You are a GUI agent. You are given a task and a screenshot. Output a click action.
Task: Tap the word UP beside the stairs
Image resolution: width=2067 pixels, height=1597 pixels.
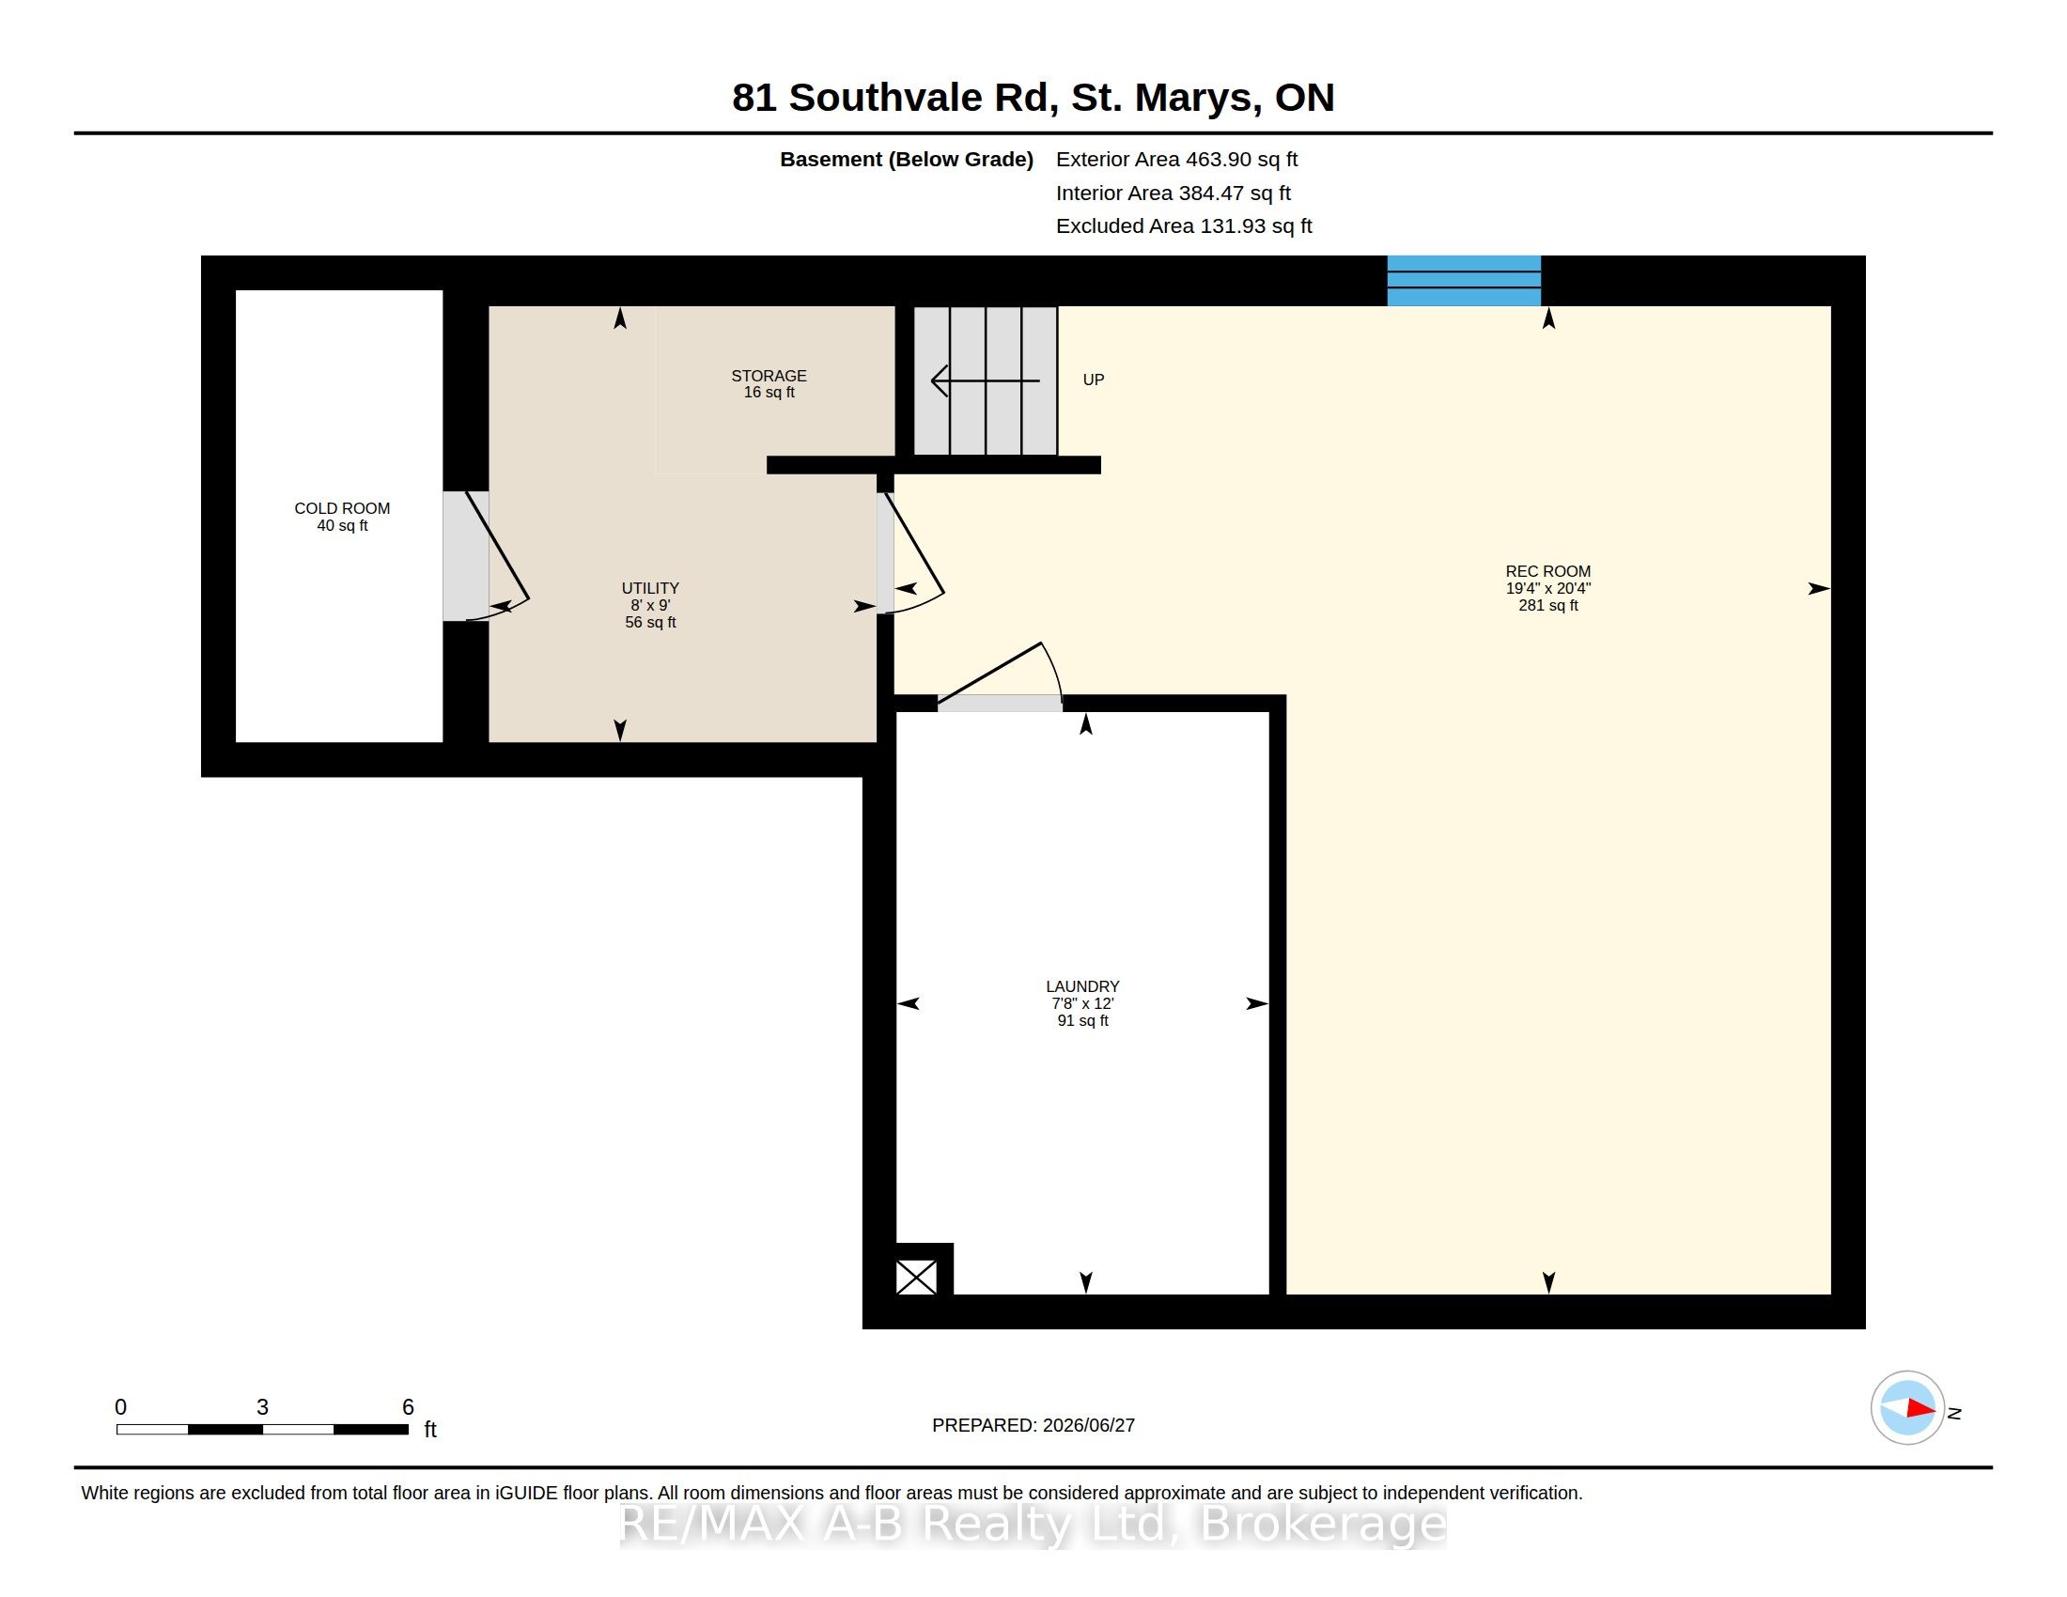point(1093,380)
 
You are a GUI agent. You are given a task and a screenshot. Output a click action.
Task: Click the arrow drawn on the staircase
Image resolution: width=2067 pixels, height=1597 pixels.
point(986,380)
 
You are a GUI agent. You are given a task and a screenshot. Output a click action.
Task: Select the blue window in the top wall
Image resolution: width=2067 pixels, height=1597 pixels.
point(1463,281)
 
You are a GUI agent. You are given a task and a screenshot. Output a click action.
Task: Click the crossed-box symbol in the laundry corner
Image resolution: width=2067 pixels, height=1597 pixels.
point(916,1278)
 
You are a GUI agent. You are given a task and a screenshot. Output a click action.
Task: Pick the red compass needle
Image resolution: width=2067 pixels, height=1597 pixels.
point(1920,1408)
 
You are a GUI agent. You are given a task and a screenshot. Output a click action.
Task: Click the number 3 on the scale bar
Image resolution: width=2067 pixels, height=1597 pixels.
point(262,1407)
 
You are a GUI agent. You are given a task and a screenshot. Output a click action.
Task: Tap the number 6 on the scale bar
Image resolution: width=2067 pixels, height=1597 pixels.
point(408,1407)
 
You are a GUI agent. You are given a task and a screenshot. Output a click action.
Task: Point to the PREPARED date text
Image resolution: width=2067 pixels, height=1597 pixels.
point(1033,1425)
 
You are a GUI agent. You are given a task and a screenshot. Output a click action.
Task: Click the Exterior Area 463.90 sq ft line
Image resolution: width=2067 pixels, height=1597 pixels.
point(1176,160)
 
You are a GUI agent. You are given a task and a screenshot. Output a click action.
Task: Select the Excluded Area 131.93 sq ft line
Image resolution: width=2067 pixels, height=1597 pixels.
point(1184,226)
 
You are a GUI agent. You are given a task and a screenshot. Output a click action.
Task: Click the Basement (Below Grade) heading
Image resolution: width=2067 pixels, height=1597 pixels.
point(906,160)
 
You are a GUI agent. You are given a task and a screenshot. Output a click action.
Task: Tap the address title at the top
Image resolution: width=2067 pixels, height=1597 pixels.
point(1033,98)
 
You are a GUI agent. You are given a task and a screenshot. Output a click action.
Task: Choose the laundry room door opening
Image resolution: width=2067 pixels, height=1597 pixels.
point(1000,703)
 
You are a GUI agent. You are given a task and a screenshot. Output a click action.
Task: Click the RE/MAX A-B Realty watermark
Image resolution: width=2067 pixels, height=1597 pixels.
point(1033,1524)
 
